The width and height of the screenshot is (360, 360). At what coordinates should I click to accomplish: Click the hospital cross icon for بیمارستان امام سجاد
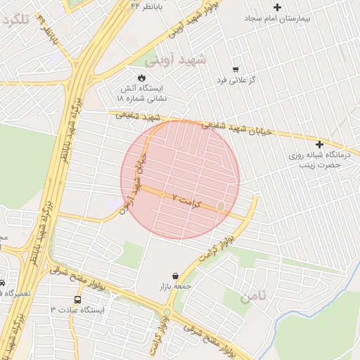[277, 8]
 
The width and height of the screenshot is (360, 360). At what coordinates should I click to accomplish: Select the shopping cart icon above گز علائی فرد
[235, 70]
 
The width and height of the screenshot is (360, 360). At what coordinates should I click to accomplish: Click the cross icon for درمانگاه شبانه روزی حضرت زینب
[320, 143]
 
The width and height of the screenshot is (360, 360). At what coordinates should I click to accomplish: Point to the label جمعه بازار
[174, 287]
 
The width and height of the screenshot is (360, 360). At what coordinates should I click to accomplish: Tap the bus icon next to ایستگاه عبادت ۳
[77, 299]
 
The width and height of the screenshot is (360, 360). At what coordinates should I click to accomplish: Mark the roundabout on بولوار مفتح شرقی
[167, 313]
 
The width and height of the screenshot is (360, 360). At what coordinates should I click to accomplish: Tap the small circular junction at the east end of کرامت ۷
[221, 206]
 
